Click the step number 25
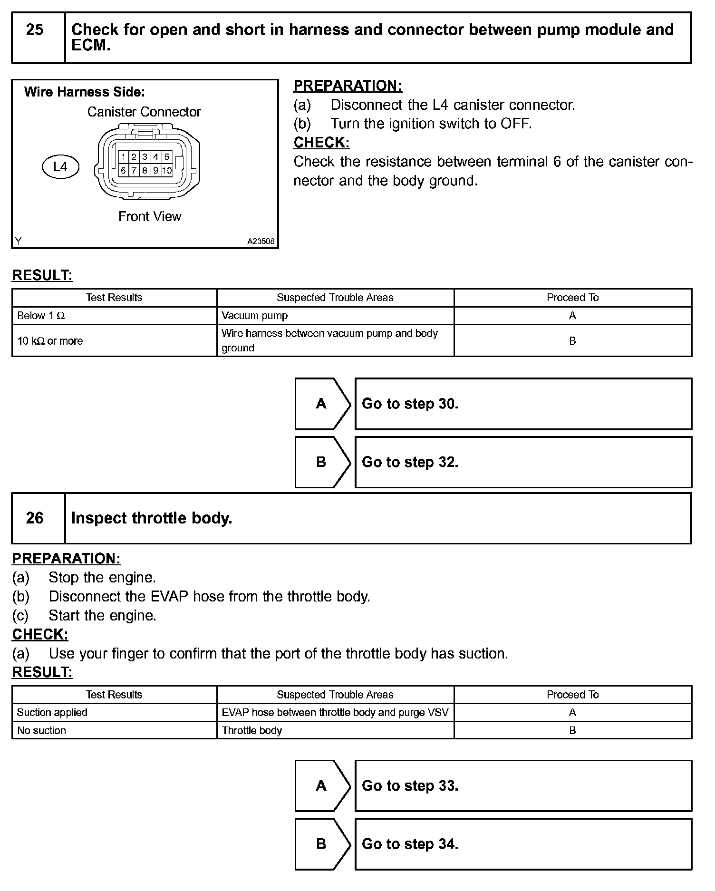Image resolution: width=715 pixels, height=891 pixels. click(35, 30)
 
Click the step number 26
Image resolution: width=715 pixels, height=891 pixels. click(35, 518)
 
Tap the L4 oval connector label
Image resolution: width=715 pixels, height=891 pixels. click(60, 166)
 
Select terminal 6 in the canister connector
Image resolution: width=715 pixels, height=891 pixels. click(123, 170)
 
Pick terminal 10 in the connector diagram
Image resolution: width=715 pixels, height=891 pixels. click(167, 170)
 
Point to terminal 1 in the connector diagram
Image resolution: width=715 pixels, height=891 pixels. click(123, 157)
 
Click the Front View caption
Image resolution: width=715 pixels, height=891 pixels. click(150, 217)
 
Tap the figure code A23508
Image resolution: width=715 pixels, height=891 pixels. click(261, 241)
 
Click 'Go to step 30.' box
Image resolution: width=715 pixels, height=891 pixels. click(523, 404)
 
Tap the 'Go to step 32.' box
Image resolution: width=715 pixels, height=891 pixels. click(523, 462)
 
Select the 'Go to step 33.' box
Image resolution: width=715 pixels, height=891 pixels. click(523, 786)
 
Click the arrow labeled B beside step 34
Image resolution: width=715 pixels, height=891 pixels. click(322, 844)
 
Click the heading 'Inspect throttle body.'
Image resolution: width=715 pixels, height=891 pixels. click(152, 518)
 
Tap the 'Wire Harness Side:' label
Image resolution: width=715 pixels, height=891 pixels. click(85, 92)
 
